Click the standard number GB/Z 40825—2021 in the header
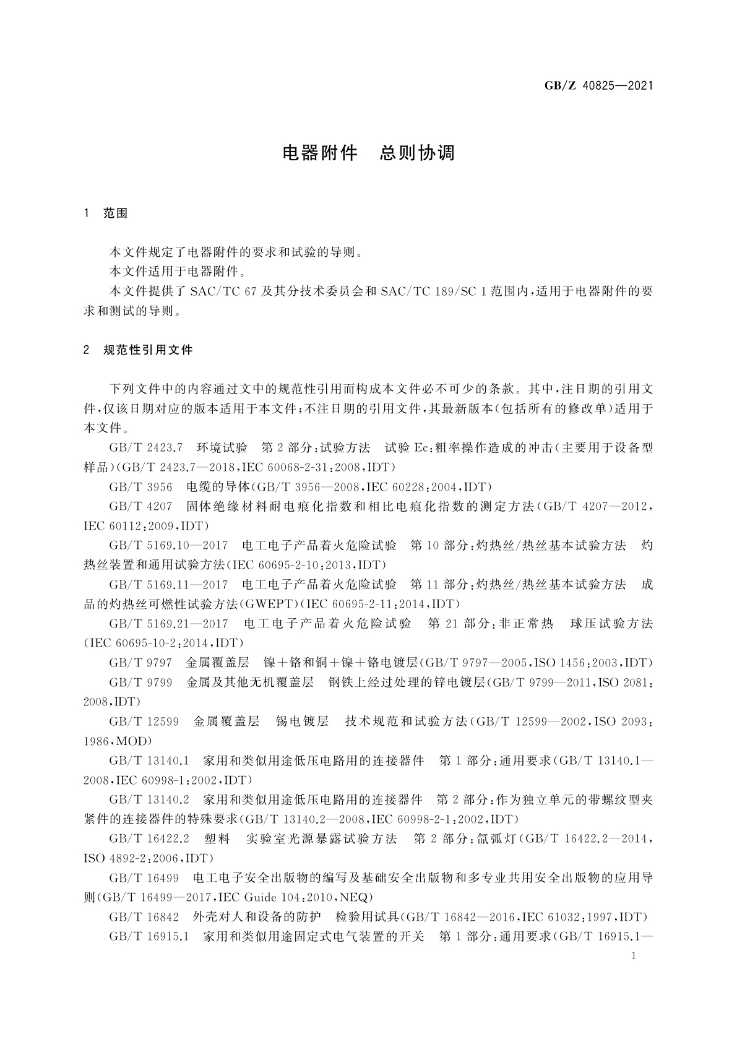(598, 86)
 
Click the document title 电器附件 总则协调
(369, 153)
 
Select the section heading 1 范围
(106, 213)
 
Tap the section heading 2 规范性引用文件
(139, 350)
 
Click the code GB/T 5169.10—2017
(168, 546)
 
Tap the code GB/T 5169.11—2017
(168, 585)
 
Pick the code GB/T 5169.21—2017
(168, 624)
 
